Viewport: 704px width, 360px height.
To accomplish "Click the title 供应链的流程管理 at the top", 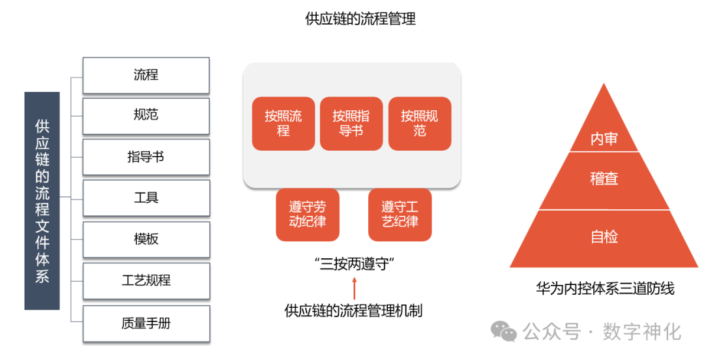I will pos(360,19).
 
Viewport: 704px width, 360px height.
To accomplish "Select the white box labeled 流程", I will pos(146,75).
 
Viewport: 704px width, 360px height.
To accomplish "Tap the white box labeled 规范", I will pos(146,115).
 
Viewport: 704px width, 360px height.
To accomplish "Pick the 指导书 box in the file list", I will pos(146,157).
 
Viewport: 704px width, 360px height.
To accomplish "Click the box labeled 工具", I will pos(146,198).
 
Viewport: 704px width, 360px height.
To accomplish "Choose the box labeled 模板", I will pos(146,239).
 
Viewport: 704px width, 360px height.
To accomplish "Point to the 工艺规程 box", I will pos(146,281).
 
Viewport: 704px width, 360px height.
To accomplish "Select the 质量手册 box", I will pos(146,323).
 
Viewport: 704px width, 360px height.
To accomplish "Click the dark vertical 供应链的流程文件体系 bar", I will pos(42,200).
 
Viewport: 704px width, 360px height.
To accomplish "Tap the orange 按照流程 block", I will pos(283,124).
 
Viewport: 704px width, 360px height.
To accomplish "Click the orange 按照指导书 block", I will pos(351,124).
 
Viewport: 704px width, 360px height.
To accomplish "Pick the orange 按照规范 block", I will pos(419,124).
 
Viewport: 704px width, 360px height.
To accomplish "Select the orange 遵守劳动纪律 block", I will pos(308,215).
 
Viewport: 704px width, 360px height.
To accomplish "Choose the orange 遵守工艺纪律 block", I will pos(400,215).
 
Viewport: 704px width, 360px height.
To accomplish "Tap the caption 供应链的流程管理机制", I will pos(354,310).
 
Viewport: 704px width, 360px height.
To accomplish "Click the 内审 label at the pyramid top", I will pos(604,139).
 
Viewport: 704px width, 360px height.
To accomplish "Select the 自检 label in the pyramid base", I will pos(604,237).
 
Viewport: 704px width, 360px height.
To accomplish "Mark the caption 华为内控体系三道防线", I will pos(605,288).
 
